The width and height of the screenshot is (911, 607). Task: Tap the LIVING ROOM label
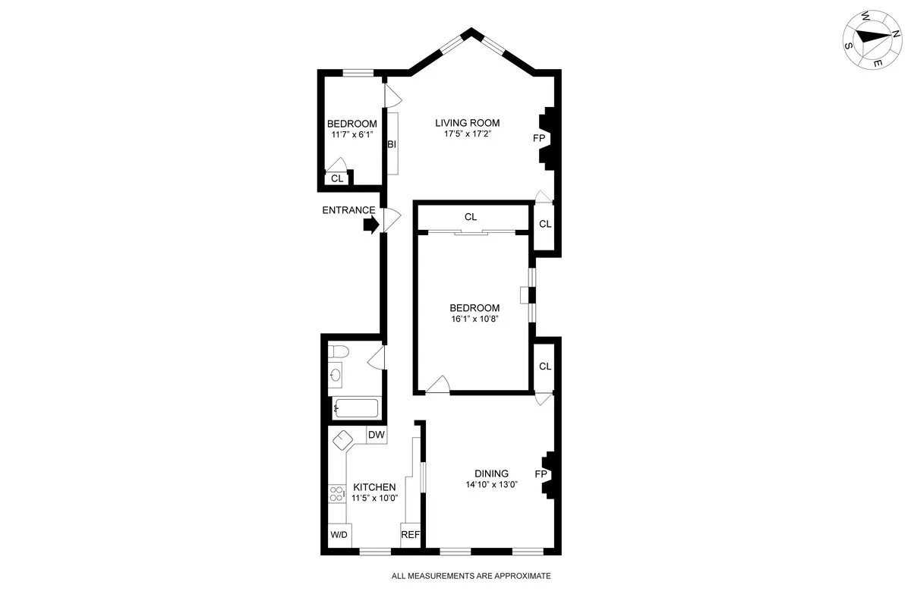[x=467, y=123]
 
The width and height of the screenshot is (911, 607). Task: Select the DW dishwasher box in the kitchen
[x=377, y=436]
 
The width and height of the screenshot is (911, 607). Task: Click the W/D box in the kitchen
[x=339, y=535]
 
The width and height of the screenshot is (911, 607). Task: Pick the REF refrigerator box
[x=410, y=535]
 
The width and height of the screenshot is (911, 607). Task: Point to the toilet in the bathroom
[x=339, y=351]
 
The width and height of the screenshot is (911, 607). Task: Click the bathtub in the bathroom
[x=356, y=408]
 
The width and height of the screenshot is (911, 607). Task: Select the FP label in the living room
[x=538, y=138]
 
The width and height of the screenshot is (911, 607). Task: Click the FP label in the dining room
[x=541, y=474]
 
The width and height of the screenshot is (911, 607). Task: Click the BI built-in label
[x=392, y=144]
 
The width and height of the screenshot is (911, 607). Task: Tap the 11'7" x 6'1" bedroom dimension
[x=351, y=135]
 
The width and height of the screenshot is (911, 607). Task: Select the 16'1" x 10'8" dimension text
[x=474, y=319]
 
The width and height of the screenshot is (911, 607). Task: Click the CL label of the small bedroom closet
[x=337, y=179]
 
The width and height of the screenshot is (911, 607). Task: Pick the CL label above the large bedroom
[x=471, y=217]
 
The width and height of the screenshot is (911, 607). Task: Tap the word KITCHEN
[x=374, y=487]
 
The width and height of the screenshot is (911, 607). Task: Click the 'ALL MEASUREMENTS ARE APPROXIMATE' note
[x=471, y=576]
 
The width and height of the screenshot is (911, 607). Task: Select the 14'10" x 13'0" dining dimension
[x=492, y=485]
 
